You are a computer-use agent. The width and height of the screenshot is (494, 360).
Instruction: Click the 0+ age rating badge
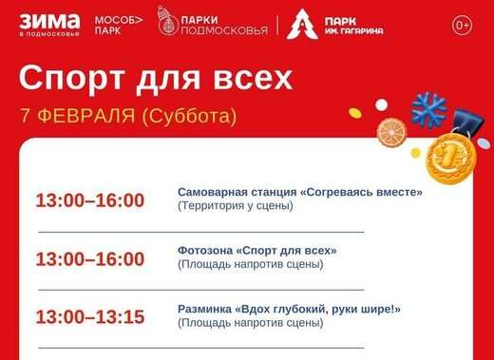click(x=462, y=24)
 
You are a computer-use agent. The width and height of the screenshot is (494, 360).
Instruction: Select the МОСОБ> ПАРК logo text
click(x=117, y=24)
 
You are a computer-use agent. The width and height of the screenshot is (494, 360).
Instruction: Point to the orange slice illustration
click(x=391, y=131)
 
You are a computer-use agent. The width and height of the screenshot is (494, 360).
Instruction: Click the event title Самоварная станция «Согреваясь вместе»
click(x=299, y=192)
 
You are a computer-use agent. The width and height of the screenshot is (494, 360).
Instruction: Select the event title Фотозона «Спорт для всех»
click(x=256, y=251)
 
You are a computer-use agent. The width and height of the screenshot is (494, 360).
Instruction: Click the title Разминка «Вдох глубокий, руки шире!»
click(x=289, y=309)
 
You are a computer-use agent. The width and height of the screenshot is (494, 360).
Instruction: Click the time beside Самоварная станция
click(x=89, y=200)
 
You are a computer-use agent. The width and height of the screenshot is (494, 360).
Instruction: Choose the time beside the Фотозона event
click(x=89, y=259)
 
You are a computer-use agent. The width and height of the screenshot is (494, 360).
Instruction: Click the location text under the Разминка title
click(x=251, y=323)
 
